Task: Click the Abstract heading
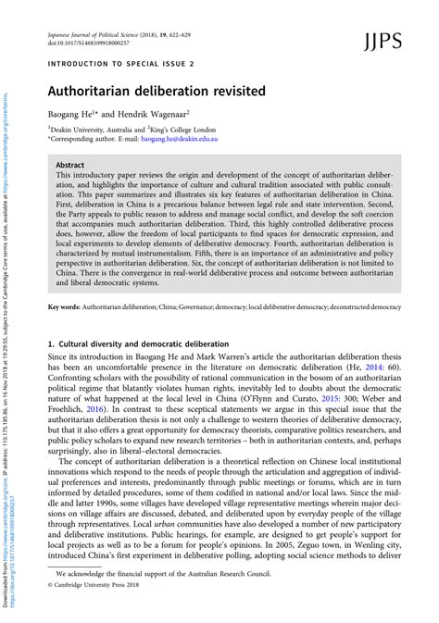point(70,163)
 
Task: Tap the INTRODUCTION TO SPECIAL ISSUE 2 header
point(120,66)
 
